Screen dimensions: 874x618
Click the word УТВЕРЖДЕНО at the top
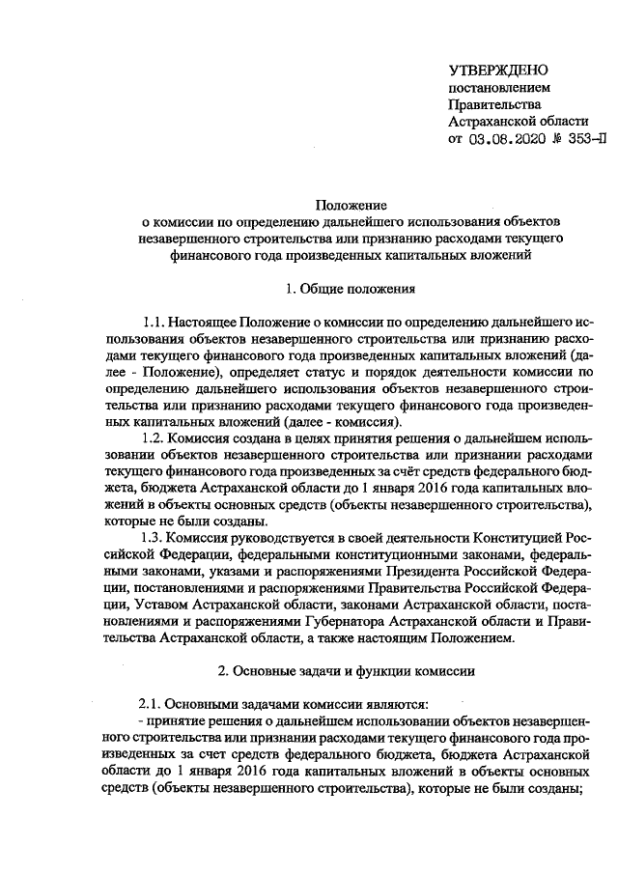(498, 71)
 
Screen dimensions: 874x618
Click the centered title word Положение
(352, 205)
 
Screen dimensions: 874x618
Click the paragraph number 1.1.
(154, 320)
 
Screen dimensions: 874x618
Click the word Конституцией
(519, 537)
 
